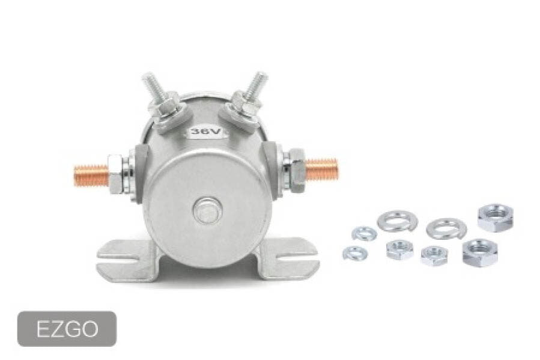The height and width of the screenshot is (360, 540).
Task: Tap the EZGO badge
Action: click(67, 329)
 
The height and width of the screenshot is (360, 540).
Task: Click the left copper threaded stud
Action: click(91, 175)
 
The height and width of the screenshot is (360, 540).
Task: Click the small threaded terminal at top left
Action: click(154, 88)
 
